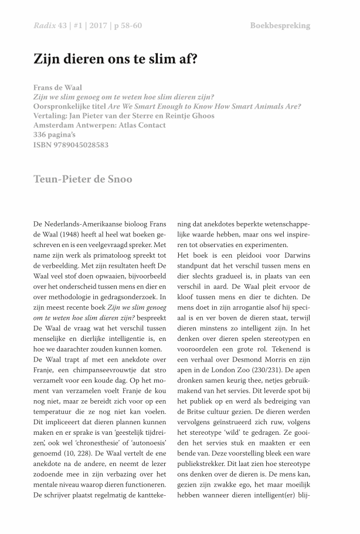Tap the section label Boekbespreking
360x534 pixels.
click(x=280, y=25)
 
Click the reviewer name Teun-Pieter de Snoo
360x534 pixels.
click(x=83, y=179)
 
